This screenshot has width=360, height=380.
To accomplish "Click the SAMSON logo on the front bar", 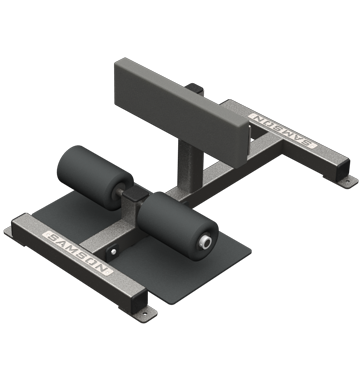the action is tap(78, 252).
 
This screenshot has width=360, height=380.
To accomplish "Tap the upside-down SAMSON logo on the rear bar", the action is tap(283, 130).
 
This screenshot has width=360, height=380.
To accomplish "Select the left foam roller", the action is tap(95, 177).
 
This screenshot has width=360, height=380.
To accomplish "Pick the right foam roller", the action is tap(178, 225).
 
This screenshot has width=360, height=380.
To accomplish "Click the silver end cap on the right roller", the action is tap(205, 242).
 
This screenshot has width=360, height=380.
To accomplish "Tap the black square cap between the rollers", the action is tap(136, 193).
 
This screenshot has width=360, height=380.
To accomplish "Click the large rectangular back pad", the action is tap(182, 112).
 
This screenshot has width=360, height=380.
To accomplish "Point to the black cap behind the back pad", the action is tap(195, 89).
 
